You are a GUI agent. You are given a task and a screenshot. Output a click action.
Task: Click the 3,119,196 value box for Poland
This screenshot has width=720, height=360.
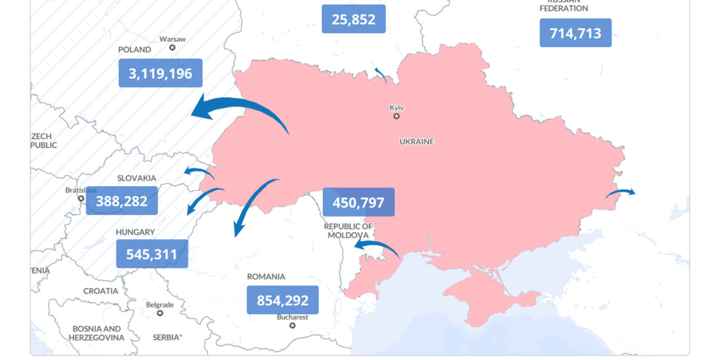pos(160,73)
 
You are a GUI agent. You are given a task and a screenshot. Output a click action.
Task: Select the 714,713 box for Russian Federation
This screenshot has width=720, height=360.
pos(575,33)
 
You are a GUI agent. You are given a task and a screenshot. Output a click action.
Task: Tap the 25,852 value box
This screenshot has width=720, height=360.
pos(353,19)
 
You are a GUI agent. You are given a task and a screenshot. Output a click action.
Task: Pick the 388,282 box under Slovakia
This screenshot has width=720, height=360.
pos(121,201)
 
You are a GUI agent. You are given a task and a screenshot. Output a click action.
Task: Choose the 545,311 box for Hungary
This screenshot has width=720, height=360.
pos(152,254)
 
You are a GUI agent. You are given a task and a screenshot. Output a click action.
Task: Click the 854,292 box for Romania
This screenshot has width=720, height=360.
pos(282,300)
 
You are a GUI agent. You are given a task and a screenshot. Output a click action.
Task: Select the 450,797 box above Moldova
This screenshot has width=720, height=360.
pos(358,202)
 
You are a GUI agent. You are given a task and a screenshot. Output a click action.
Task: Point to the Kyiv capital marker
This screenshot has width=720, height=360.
pos(397,116)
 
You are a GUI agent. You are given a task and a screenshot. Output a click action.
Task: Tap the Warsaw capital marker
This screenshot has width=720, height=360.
pos(172,47)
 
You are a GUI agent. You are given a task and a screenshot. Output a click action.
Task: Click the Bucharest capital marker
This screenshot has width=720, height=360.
pos(292,325)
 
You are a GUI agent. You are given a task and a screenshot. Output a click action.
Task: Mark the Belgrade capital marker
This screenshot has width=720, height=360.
pos(160,313)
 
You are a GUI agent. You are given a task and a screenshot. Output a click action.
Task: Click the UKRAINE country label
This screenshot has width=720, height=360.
pos(417,142)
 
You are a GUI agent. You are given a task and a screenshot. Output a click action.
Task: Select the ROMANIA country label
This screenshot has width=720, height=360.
pos(266,277)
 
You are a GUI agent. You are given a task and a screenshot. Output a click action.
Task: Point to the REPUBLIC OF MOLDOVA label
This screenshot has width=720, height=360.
pos(348,230)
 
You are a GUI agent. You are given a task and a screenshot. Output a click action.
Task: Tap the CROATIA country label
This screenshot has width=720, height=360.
pos(101,291)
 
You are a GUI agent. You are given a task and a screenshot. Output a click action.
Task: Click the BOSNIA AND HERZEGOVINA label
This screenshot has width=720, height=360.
pos(96,333)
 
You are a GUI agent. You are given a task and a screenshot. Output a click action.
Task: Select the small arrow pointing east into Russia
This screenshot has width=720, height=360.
pos(620,193)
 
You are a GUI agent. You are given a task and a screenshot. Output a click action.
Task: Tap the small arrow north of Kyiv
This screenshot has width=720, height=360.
pos(381,75)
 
